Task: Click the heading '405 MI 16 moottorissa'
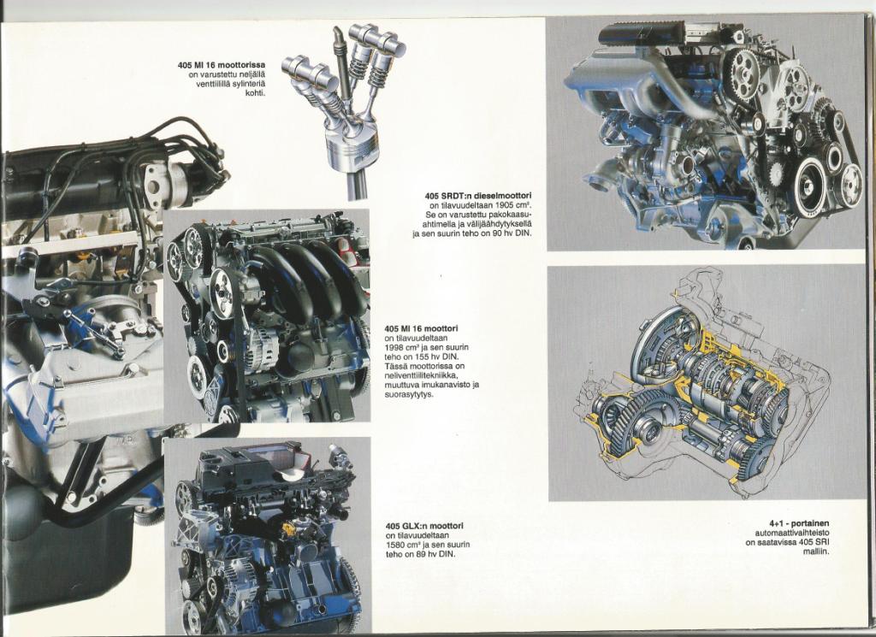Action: pyautogui.click(x=222, y=65)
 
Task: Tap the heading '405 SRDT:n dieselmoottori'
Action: pyautogui.click(x=477, y=196)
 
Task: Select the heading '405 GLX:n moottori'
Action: pyautogui.click(x=424, y=525)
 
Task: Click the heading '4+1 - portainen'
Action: pyautogui.click(x=799, y=523)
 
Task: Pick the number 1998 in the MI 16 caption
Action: pyautogui.click(x=394, y=347)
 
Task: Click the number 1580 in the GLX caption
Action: pyautogui.click(x=394, y=545)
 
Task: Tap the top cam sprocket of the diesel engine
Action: pyautogui.click(x=743, y=68)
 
